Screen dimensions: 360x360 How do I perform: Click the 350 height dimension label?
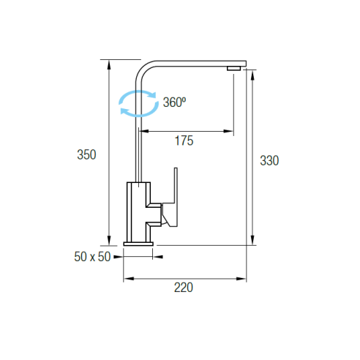86,154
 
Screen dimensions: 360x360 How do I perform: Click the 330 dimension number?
269,161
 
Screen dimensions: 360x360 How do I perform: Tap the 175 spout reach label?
184,140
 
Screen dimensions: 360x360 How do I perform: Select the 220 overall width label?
184,288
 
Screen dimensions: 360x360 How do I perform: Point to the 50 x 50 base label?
92,257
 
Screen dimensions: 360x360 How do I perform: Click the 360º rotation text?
174,102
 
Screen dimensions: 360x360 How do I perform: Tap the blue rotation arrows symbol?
138,103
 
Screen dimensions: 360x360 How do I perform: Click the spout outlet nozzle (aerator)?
234,68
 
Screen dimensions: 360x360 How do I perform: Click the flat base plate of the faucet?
138,244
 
